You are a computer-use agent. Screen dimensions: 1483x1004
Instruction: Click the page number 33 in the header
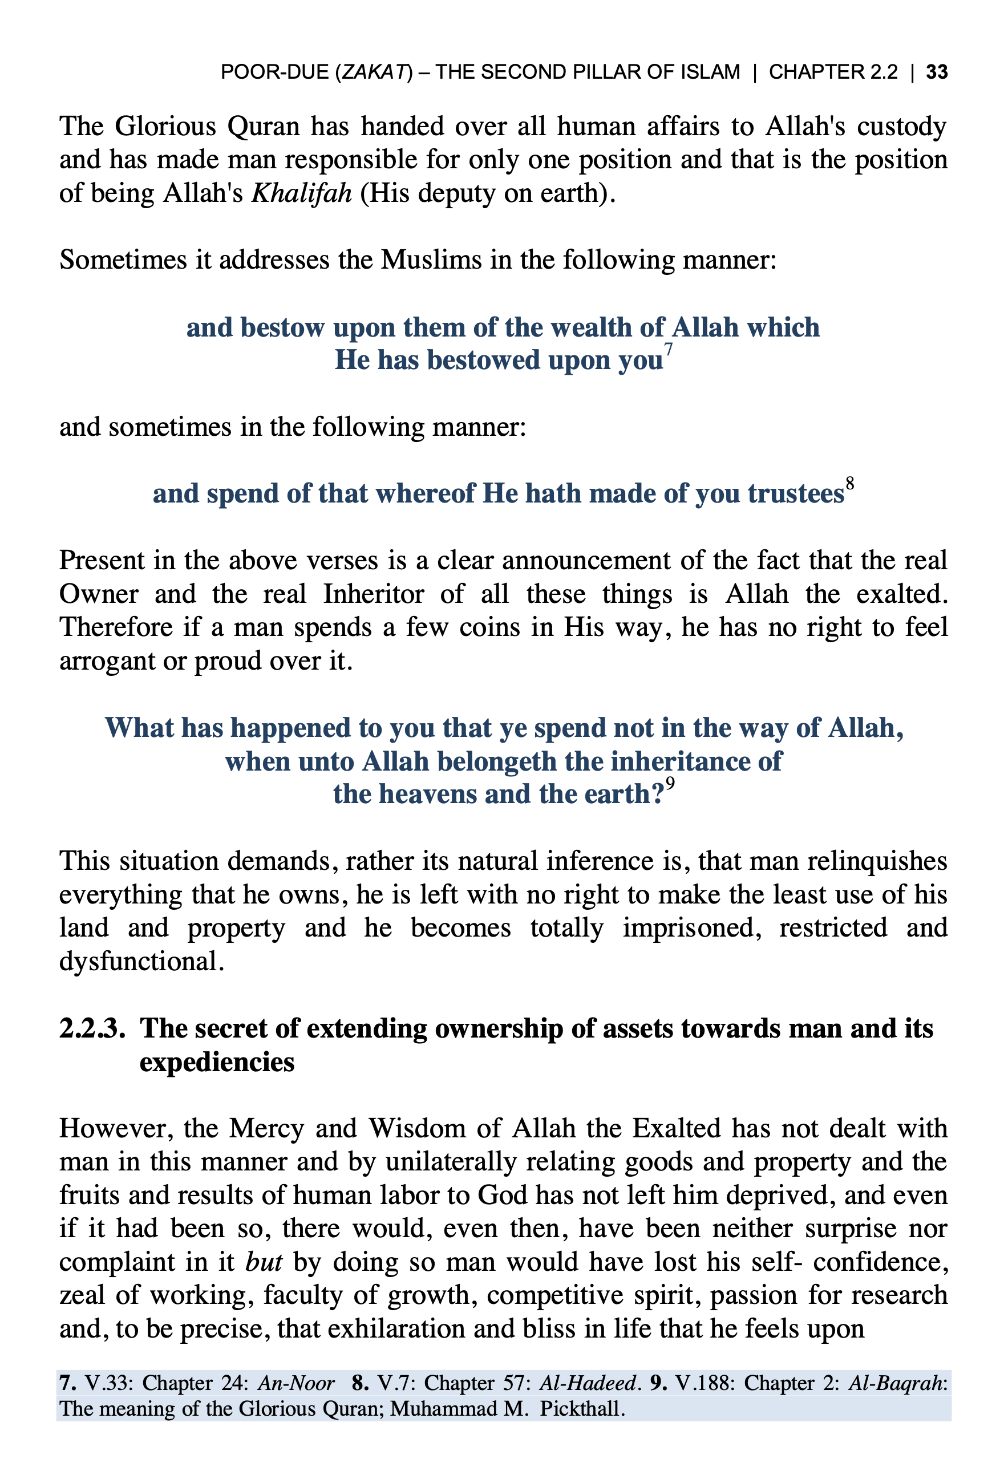[936, 72]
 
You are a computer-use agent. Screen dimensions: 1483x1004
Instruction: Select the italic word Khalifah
[301, 193]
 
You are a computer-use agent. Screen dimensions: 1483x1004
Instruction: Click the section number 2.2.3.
[91, 1028]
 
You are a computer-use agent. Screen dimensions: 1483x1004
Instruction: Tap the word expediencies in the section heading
[217, 1063]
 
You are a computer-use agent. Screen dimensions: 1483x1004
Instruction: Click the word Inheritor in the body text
[374, 594]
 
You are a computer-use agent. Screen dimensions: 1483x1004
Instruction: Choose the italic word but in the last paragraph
[264, 1262]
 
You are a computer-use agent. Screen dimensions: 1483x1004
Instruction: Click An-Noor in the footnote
[296, 1383]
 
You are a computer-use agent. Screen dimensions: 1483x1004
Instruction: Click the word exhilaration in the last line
[396, 1329]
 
